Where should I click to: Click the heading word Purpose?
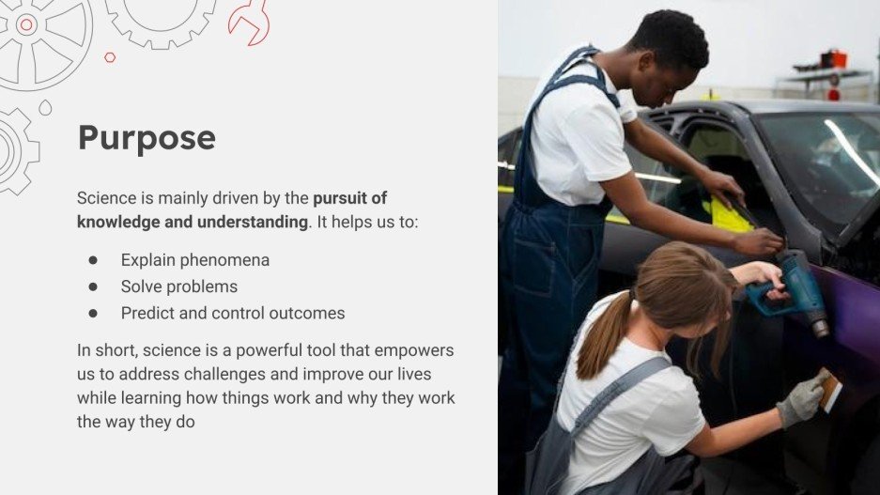click(x=147, y=138)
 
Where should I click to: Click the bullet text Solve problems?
click(x=178, y=286)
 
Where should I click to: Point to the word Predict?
click(x=147, y=313)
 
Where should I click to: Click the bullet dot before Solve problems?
click(x=93, y=286)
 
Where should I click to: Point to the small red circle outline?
click(x=110, y=57)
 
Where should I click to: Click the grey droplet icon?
click(x=45, y=108)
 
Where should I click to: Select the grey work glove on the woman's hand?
click(x=800, y=401)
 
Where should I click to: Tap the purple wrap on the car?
click(x=850, y=310)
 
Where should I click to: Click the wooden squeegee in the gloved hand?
click(x=829, y=388)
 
